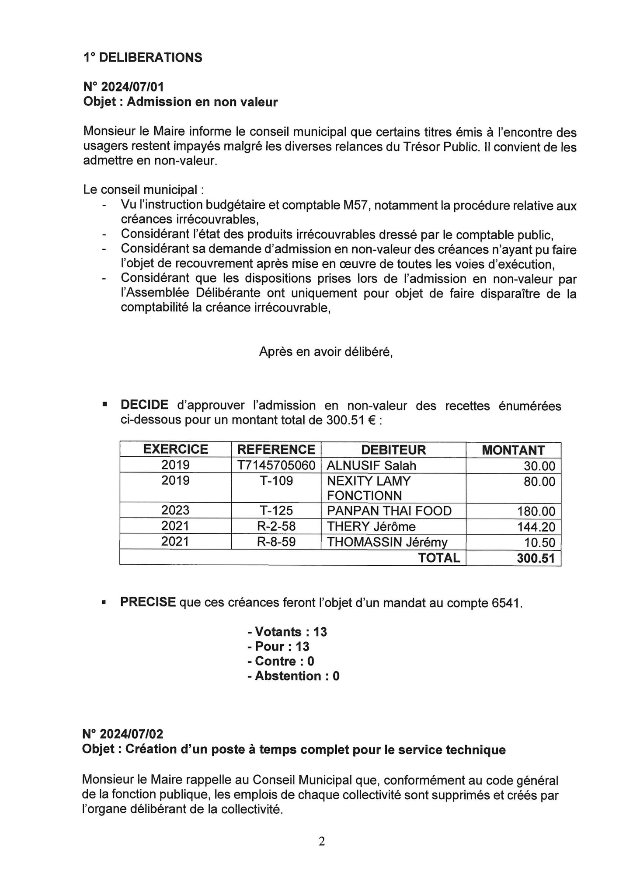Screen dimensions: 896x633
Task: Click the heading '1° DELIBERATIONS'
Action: coord(143,57)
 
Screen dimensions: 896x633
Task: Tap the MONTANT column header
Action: coord(513,450)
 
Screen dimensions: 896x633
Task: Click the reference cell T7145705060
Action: coord(276,465)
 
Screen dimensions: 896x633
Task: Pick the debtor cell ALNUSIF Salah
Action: coord(372,465)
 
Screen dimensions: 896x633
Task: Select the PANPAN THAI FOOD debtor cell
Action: coord(389,511)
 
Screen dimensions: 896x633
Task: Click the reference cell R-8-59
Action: coord(276,542)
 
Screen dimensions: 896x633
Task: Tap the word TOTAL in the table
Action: coord(439,558)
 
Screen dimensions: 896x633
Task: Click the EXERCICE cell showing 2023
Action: coord(175,511)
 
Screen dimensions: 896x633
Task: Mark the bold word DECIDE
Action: coord(144,405)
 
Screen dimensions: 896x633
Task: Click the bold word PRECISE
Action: coord(148,602)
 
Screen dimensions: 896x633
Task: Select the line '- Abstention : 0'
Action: coord(293,676)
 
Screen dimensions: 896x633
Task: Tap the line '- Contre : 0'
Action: coord(281,661)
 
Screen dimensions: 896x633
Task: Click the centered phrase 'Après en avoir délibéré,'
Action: coord(326,351)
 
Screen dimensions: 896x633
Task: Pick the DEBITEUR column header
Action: coord(393,450)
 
